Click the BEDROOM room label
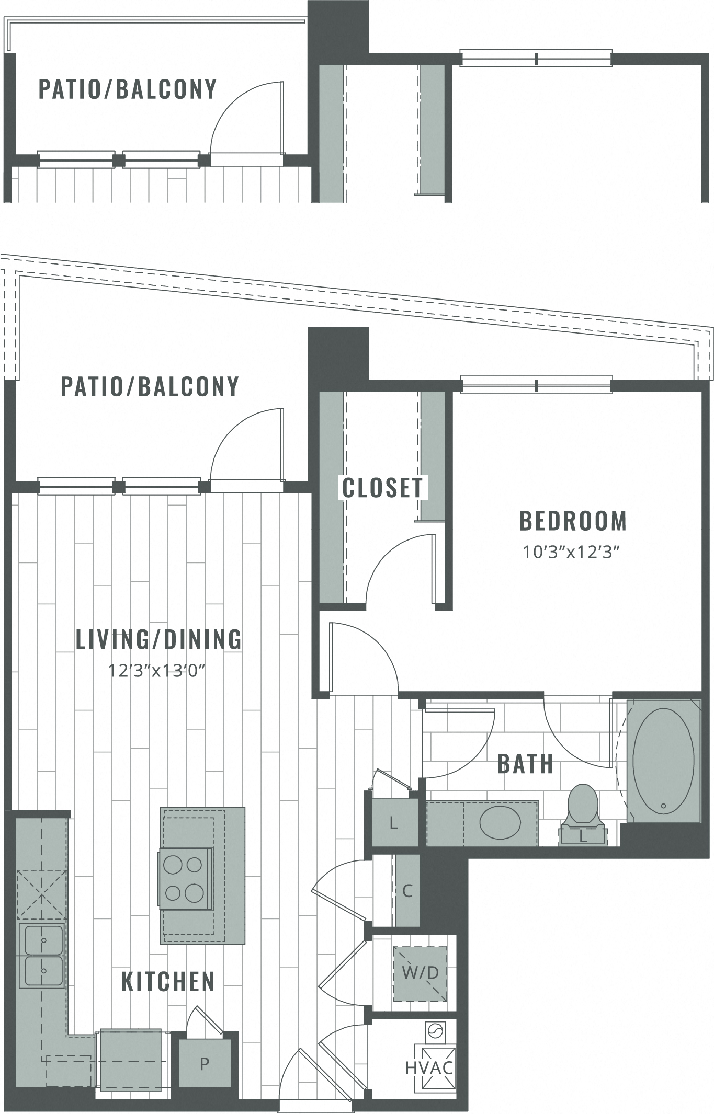pos(573,521)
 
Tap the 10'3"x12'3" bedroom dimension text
pos(571,552)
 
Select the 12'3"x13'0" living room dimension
pos(156,670)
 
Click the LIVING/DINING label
pos(159,639)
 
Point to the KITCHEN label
pos(168,982)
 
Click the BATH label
pos(525,764)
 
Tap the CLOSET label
pos(382,488)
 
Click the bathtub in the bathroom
pos(663,760)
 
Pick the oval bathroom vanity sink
pos(500,822)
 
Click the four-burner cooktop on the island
pos(186,879)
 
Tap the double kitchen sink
pos(42,956)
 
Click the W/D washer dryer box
pos(420,973)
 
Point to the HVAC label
pos(429,1067)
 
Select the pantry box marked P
pos(205,1063)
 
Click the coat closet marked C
pos(407,890)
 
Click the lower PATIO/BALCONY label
pos(150,386)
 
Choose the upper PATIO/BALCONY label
pos(128,89)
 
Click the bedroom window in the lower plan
pos(536,385)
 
